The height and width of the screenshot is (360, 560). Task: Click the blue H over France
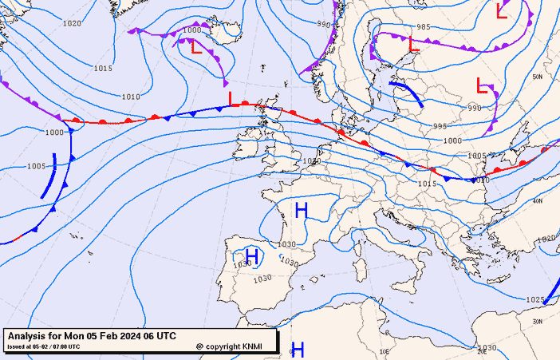(x=302, y=211)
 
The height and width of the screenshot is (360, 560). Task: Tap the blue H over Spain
(x=252, y=256)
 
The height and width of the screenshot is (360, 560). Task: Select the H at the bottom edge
(x=298, y=349)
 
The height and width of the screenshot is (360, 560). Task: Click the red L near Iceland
(x=196, y=47)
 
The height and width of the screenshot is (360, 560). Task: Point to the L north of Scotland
(x=231, y=98)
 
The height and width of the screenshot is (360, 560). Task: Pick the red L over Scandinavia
(x=413, y=45)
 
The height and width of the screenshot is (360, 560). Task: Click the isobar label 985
(x=424, y=27)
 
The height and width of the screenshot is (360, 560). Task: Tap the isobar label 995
(x=440, y=126)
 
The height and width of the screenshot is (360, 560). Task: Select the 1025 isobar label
(x=534, y=299)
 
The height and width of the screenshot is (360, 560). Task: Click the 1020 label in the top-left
(x=72, y=23)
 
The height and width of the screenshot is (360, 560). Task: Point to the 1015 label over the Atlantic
(x=102, y=69)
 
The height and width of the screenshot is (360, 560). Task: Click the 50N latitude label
(x=538, y=77)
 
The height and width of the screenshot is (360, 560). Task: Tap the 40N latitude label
(x=538, y=201)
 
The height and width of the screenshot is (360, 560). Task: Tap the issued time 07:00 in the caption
(x=67, y=346)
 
